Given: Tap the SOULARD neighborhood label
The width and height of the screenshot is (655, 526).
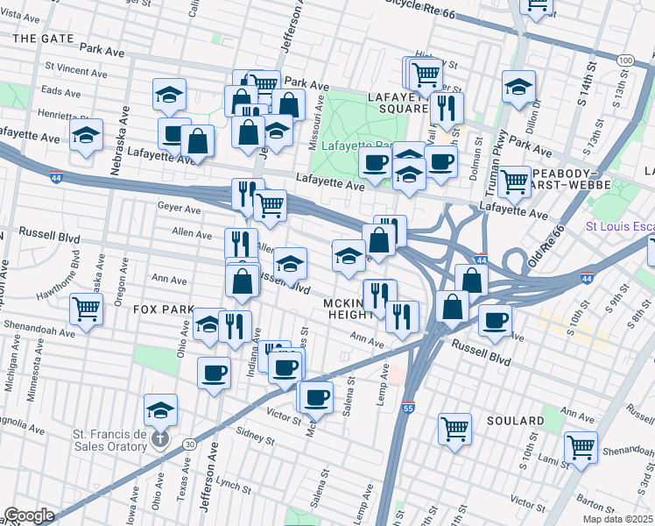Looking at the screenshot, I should click(x=518, y=422).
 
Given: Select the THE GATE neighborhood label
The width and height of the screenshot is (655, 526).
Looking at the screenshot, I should click(x=43, y=39).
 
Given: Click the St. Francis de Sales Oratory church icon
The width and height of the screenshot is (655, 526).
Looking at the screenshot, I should click(x=159, y=439).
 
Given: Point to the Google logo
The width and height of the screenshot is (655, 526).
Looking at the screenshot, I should click(x=29, y=515).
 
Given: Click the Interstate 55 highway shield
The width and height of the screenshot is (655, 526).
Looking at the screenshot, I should click(x=409, y=408).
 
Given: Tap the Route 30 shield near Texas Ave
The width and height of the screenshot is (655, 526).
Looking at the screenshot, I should click(x=190, y=444).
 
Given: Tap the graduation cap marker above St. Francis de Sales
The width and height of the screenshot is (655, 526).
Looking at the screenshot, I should click(x=161, y=409).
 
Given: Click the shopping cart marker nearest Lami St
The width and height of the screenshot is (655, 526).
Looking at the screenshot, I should click(x=581, y=445).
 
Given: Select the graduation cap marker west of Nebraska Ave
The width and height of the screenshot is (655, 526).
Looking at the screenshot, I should click(x=86, y=136).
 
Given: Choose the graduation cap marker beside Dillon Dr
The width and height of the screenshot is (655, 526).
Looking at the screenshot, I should click(x=518, y=86).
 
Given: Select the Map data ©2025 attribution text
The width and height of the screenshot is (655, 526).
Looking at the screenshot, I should click(x=618, y=519).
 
